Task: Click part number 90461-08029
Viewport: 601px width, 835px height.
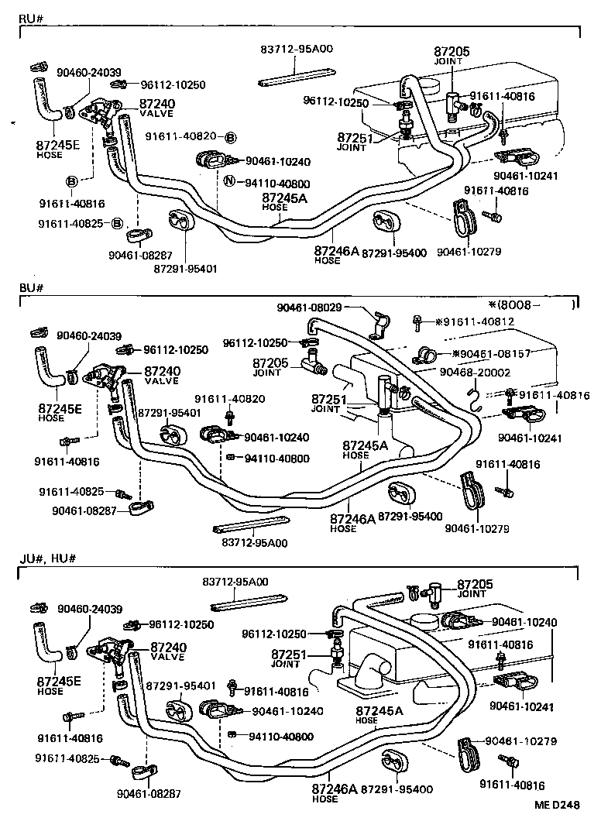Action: point(310,308)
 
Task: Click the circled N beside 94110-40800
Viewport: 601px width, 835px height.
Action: point(229,183)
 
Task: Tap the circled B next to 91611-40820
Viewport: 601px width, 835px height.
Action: point(230,137)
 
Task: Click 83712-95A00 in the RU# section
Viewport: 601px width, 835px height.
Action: point(295,48)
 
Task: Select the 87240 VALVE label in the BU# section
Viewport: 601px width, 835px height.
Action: point(163,376)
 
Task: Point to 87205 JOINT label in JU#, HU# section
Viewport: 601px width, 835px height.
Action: point(474,589)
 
